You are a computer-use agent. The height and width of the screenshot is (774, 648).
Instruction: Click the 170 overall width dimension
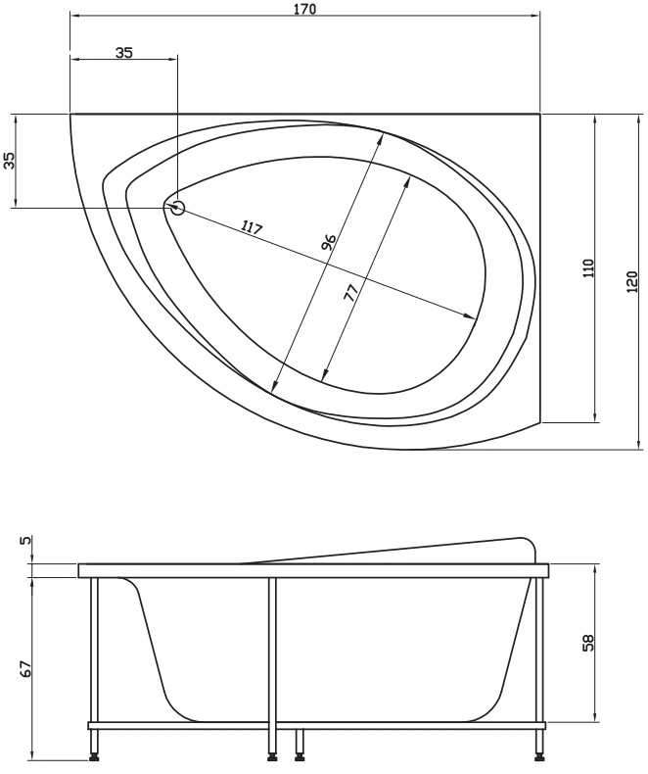pos(305,9)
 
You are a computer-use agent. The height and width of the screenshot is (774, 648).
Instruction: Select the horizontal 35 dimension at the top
pos(124,52)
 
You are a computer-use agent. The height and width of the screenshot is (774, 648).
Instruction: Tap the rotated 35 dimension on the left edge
pos(10,161)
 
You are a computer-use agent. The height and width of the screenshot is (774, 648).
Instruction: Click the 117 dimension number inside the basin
pos(252,227)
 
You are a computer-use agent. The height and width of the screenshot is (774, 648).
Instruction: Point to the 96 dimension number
pos(329,241)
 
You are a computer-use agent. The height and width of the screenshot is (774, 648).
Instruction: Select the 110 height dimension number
pos(589,268)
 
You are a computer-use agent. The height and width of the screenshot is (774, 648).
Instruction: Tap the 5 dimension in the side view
pos(25,540)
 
